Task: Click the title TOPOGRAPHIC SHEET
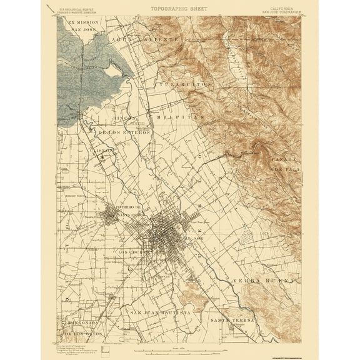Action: click(x=179, y=8)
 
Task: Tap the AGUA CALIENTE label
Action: click(x=144, y=39)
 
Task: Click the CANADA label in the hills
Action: click(x=285, y=160)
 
